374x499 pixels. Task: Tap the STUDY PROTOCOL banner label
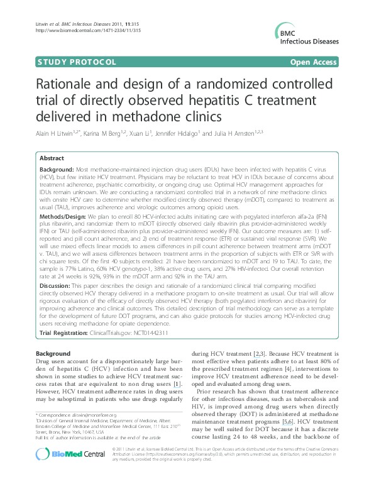(x=77, y=62)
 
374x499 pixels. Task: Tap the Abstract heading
(x=53, y=160)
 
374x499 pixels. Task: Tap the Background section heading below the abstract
(x=53, y=354)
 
